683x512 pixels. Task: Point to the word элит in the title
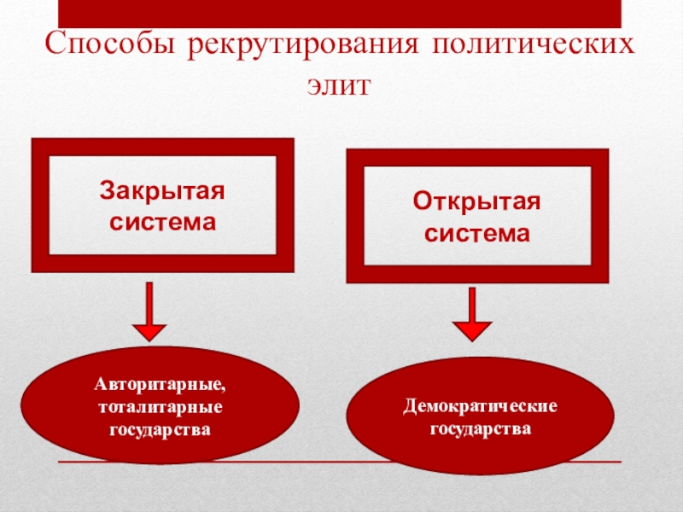coord(342,85)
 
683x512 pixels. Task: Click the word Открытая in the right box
coord(477,201)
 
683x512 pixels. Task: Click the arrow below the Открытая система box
coord(471,316)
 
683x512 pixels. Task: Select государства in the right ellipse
coord(481,424)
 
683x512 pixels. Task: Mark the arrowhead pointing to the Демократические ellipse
coord(471,330)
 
